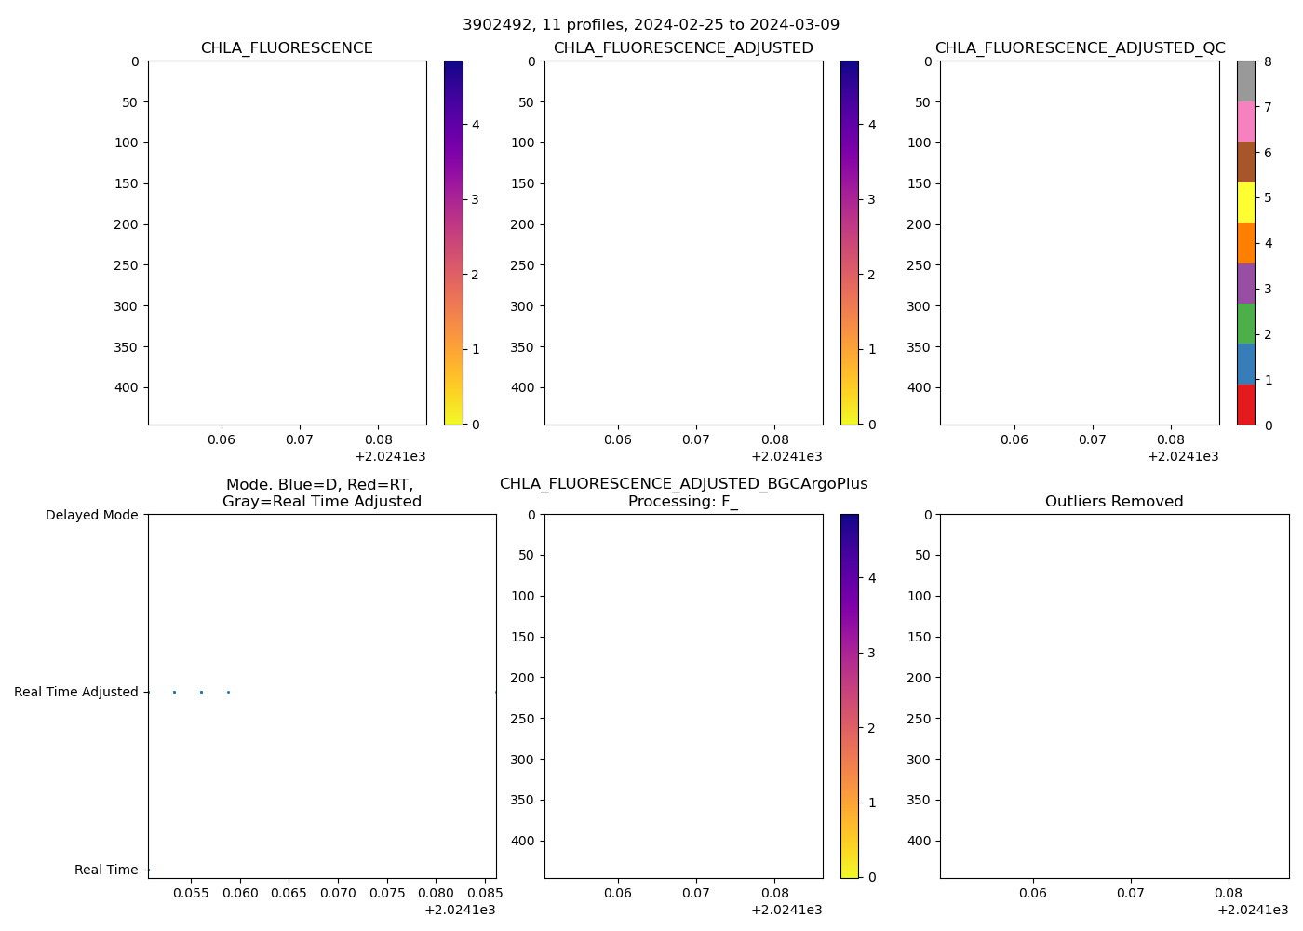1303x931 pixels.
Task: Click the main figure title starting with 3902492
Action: pyautogui.click(x=651, y=24)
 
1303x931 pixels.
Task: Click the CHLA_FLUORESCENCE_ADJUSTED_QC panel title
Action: pyautogui.click(x=1080, y=48)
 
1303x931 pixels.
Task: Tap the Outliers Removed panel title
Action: pyautogui.click(x=1114, y=502)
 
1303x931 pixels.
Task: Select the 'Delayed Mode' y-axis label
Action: pyautogui.click(x=91, y=515)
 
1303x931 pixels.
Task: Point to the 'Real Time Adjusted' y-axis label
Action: pyautogui.click(x=76, y=692)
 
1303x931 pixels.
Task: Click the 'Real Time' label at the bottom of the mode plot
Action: pyautogui.click(x=106, y=870)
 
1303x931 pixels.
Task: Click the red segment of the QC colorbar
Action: pyautogui.click(x=1245, y=405)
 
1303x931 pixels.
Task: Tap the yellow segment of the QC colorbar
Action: pyautogui.click(x=1245, y=202)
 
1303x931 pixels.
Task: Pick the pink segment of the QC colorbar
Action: pyautogui.click(x=1245, y=121)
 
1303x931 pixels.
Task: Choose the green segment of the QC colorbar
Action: pyautogui.click(x=1245, y=323)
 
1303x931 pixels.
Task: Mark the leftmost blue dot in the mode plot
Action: pyautogui.click(x=174, y=692)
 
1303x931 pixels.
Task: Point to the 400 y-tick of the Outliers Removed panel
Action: pyautogui.click(x=920, y=841)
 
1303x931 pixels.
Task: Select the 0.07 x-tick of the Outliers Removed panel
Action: pyautogui.click(x=1131, y=893)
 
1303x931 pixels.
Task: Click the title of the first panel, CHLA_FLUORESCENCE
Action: pyautogui.click(x=287, y=48)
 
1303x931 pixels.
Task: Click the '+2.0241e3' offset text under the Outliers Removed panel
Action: pyautogui.click(x=1253, y=910)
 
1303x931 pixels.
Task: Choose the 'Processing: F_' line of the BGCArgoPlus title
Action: pyautogui.click(x=683, y=502)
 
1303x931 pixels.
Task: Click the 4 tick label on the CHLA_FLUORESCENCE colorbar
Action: pyautogui.click(x=476, y=125)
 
